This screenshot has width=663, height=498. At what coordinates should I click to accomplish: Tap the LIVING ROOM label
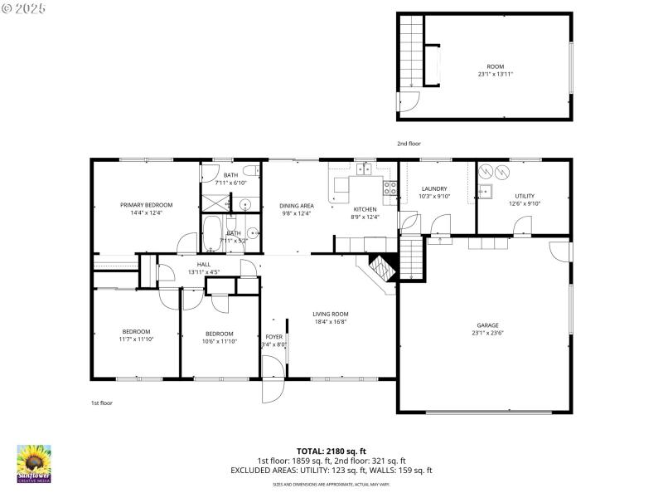click(x=330, y=314)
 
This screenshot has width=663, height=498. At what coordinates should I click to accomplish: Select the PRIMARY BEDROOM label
click(x=146, y=205)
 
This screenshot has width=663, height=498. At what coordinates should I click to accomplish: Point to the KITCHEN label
click(x=365, y=209)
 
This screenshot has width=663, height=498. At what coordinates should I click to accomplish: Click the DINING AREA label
click(x=296, y=205)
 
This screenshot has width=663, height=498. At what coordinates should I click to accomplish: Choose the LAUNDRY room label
click(x=433, y=188)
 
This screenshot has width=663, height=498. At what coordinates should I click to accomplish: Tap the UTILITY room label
click(x=524, y=196)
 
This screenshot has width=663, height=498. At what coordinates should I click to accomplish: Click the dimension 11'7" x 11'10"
click(x=136, y=339)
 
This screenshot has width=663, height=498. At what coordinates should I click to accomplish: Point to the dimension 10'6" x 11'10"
click(x=219, y=340)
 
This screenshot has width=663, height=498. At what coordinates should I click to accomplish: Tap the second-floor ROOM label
click(x=495, y=66)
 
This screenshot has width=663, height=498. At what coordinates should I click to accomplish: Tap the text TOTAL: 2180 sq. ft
click(x=331, y=452)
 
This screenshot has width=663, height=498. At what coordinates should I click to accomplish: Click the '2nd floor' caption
click(x=409, y=144)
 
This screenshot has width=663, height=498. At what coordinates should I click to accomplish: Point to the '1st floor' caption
click(x=101, y=403)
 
